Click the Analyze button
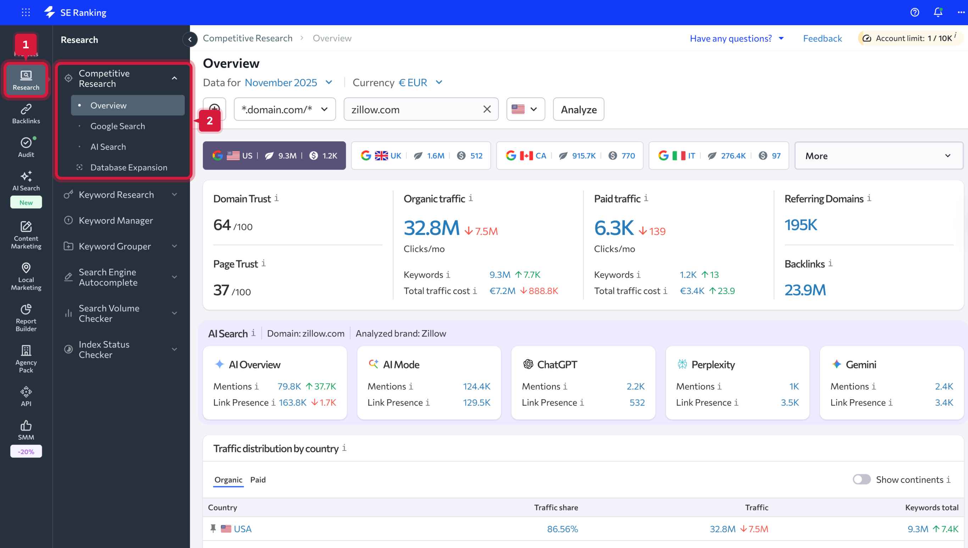[578, 109]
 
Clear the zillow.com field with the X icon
[486, 109]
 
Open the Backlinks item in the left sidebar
[26, 114]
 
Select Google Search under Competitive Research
[117, 126]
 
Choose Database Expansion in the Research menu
[128, 168]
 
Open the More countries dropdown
[878, 156]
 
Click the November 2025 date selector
[288, 83]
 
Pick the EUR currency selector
[420, 83]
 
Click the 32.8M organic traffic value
[431, 228]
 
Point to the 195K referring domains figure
[800, 225]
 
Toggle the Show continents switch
[861, 479]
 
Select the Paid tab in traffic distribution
[258, 480]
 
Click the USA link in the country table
[242, 529]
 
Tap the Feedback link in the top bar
[822, 38]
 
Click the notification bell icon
[938, 12]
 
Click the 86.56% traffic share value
[562, 529]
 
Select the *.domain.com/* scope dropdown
[284, 109]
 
